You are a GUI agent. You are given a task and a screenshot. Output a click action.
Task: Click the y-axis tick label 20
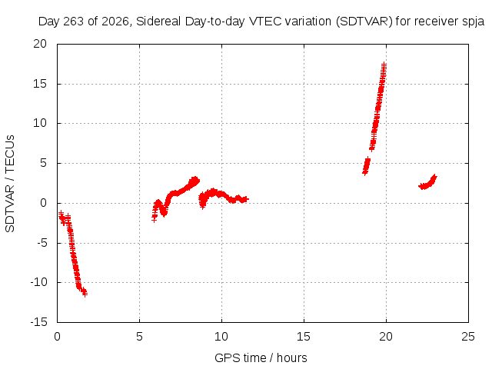[x=40, y=44]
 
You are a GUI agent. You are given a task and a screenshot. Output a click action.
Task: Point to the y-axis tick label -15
[x=39, y=322]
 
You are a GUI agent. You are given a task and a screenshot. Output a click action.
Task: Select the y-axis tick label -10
[x=39, y=282]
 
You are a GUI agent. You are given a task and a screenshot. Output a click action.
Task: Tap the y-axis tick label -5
[x=42, y=243]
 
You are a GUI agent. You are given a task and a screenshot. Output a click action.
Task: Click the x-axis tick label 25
[x=468, y=337]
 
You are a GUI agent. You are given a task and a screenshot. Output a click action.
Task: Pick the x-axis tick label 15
[x=304, y=337]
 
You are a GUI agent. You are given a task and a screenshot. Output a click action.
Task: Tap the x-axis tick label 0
[x=57, y=337]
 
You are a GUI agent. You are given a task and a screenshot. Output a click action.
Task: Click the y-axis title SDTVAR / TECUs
[x=10, y=184]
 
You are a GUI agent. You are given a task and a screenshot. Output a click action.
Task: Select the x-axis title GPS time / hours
[x=261, y=358]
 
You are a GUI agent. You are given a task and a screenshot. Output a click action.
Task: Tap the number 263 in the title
[x=74, y=22]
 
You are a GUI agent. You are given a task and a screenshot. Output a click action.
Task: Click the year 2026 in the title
[x=115, y=22]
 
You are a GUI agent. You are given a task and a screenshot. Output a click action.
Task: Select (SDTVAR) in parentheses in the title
[x=364, y=22]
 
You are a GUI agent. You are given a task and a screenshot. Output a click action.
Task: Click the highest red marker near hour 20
[x=384, y=65]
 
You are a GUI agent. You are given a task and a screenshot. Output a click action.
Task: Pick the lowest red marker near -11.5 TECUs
[x=85, y=294]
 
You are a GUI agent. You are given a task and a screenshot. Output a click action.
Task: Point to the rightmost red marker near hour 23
[x=434, y=178]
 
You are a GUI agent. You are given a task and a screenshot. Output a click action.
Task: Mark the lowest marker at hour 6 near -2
[x=154, y=220]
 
